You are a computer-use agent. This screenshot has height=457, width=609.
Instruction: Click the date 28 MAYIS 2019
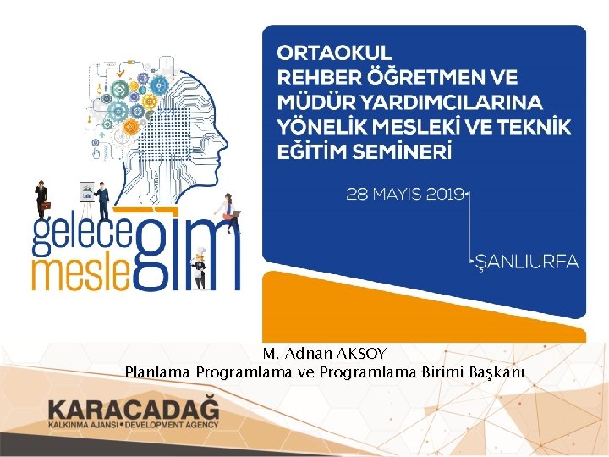[x=405, y=194]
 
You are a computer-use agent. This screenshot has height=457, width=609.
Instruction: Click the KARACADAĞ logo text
[x=134, y=408]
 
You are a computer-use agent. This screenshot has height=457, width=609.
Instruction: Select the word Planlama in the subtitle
[x=158, y=372]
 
